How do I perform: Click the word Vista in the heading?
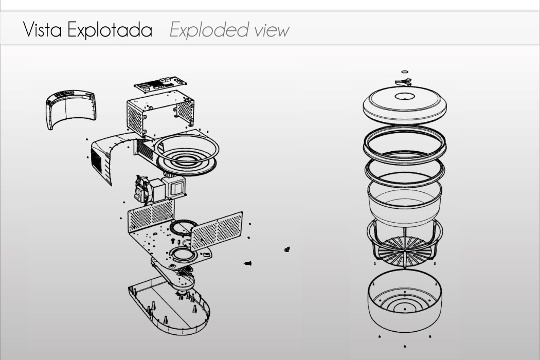click(43, 30)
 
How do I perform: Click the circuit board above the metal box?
click(160, 83)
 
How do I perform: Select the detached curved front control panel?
click(71, 108)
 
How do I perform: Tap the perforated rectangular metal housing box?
click(159, 113)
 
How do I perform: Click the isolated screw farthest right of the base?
click(287, 249)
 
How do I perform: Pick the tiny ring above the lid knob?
click(404, 72)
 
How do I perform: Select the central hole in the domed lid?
click(404, 96)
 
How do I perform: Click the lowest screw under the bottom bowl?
click(405, 346)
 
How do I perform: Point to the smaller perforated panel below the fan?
click(150, 214)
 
